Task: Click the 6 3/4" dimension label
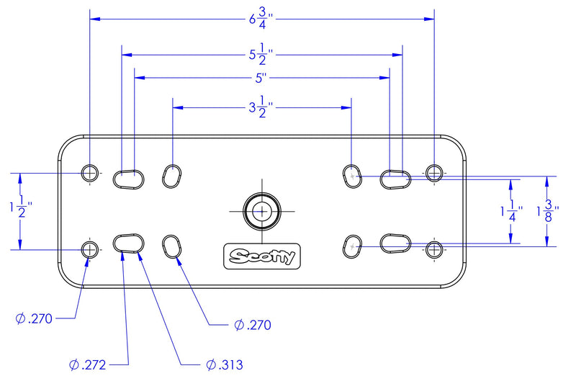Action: click(261, 19)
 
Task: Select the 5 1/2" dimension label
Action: click(261, 55)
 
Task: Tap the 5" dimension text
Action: click(261, 78)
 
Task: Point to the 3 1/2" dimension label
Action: click(261, 108)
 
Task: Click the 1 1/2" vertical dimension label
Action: click(21, 207)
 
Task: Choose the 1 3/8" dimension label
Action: click(548, 211)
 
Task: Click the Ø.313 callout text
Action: click(225, 364)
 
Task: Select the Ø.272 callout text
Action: click(87, 364)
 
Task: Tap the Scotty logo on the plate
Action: click(262, 256)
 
